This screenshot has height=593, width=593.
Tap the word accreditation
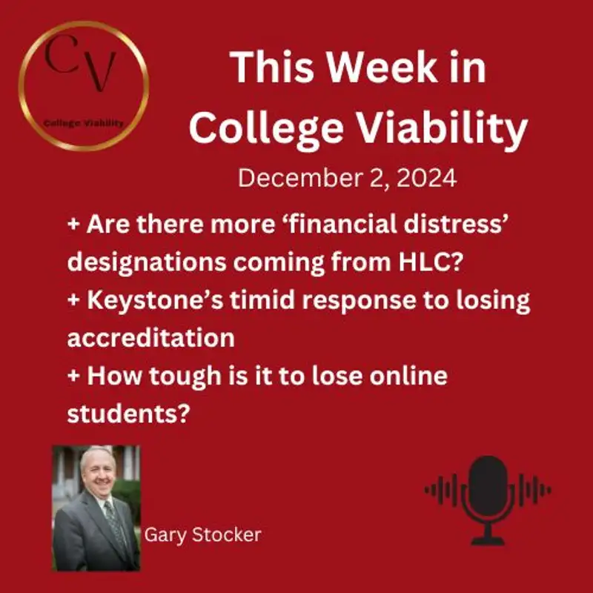pyautogui.click(x=150, y=337)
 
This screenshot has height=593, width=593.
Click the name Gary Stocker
pyautogui.click(x=203, y=534)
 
